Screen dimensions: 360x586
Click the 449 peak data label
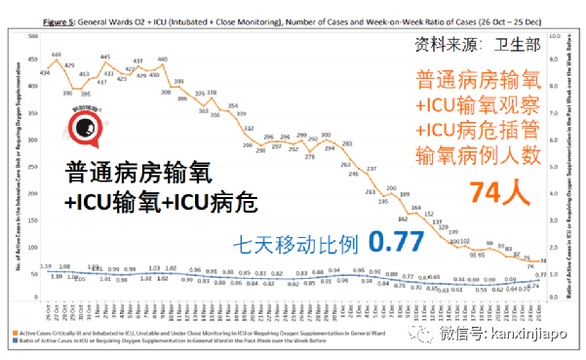pos(58,55)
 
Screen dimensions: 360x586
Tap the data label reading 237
pos(371,169)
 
